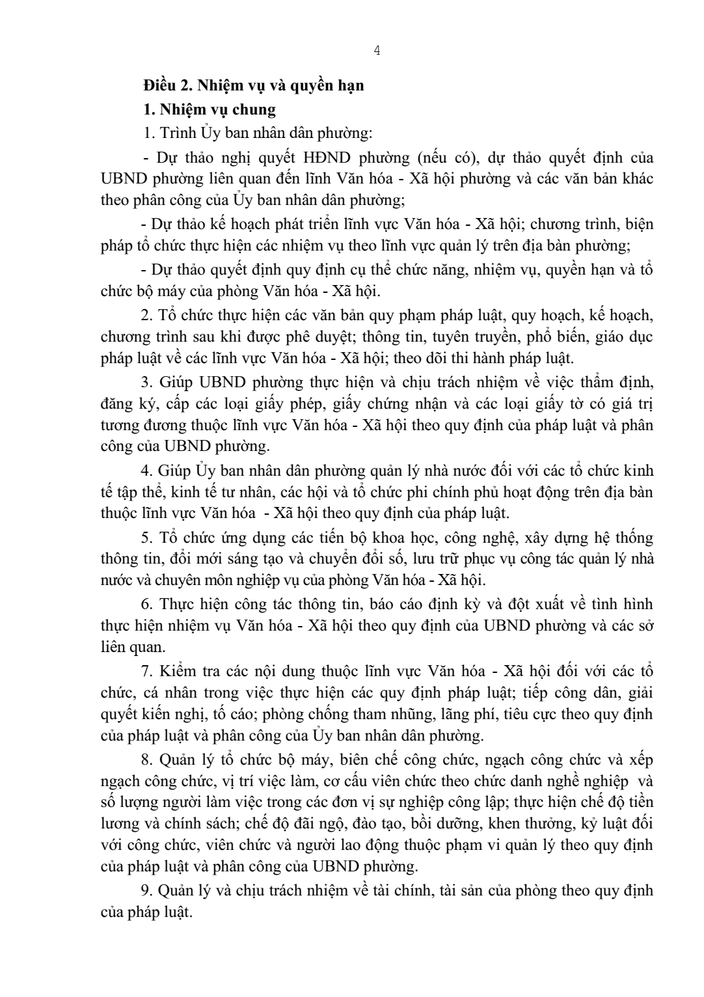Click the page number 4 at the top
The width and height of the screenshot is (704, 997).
[x=377, y=52]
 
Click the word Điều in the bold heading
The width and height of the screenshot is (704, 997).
[x=159, y=85]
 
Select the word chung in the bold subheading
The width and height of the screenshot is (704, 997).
[x=254, y=109]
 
